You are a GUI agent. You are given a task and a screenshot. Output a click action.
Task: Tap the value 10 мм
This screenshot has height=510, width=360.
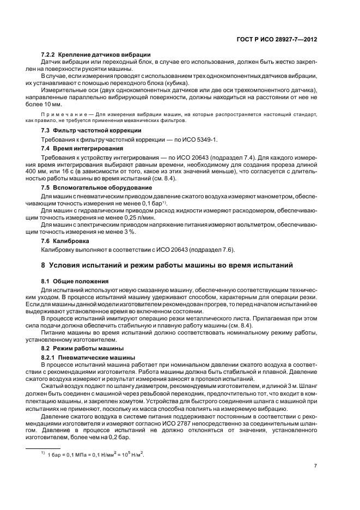53,104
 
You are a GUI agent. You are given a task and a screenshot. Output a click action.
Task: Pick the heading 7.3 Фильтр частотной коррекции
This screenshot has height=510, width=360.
91,131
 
